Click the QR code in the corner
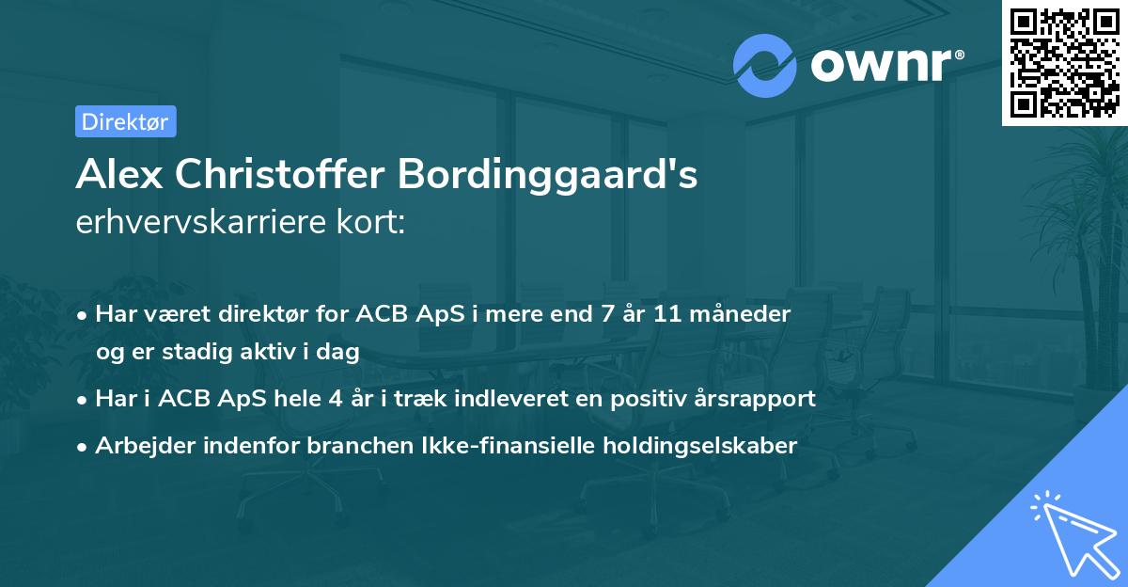pos(1064,62)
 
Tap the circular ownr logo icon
pos(764,65)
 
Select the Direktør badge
pos(126,121)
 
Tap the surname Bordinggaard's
pos(547,175)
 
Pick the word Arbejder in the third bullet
pos(139,446)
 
